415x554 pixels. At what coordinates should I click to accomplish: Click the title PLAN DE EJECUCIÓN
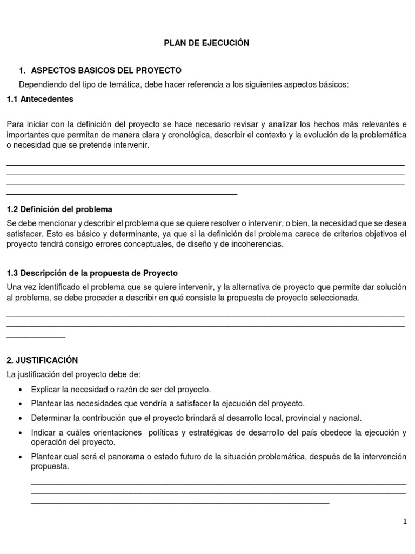(x=207, y=43)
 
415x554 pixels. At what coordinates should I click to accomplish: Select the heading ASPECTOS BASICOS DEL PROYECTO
(x=106, y=71)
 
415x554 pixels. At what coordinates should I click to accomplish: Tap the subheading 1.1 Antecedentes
(x=40, y=99)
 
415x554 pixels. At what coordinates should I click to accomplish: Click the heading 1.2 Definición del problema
(x=59, y=209)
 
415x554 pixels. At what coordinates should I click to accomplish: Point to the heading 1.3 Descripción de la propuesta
(x=92, y=273)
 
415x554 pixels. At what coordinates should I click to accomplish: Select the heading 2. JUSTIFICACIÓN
(x=42, y=360)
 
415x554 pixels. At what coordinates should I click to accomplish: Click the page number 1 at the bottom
(x=405, y=522)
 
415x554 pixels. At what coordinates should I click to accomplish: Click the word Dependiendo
(x=43, y=85)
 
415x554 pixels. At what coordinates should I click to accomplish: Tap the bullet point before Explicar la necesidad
(x=21, y=390)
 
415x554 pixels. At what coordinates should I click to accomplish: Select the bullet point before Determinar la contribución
(x=21, y=418)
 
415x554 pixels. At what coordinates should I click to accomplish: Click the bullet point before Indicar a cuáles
(x=21, y=433)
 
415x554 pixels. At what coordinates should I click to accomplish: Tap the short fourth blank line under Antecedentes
(x=122, y=194)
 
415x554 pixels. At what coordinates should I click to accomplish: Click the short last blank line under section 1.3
(x=36, y=337)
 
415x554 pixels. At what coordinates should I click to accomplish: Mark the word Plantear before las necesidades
(x=46, y=404)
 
